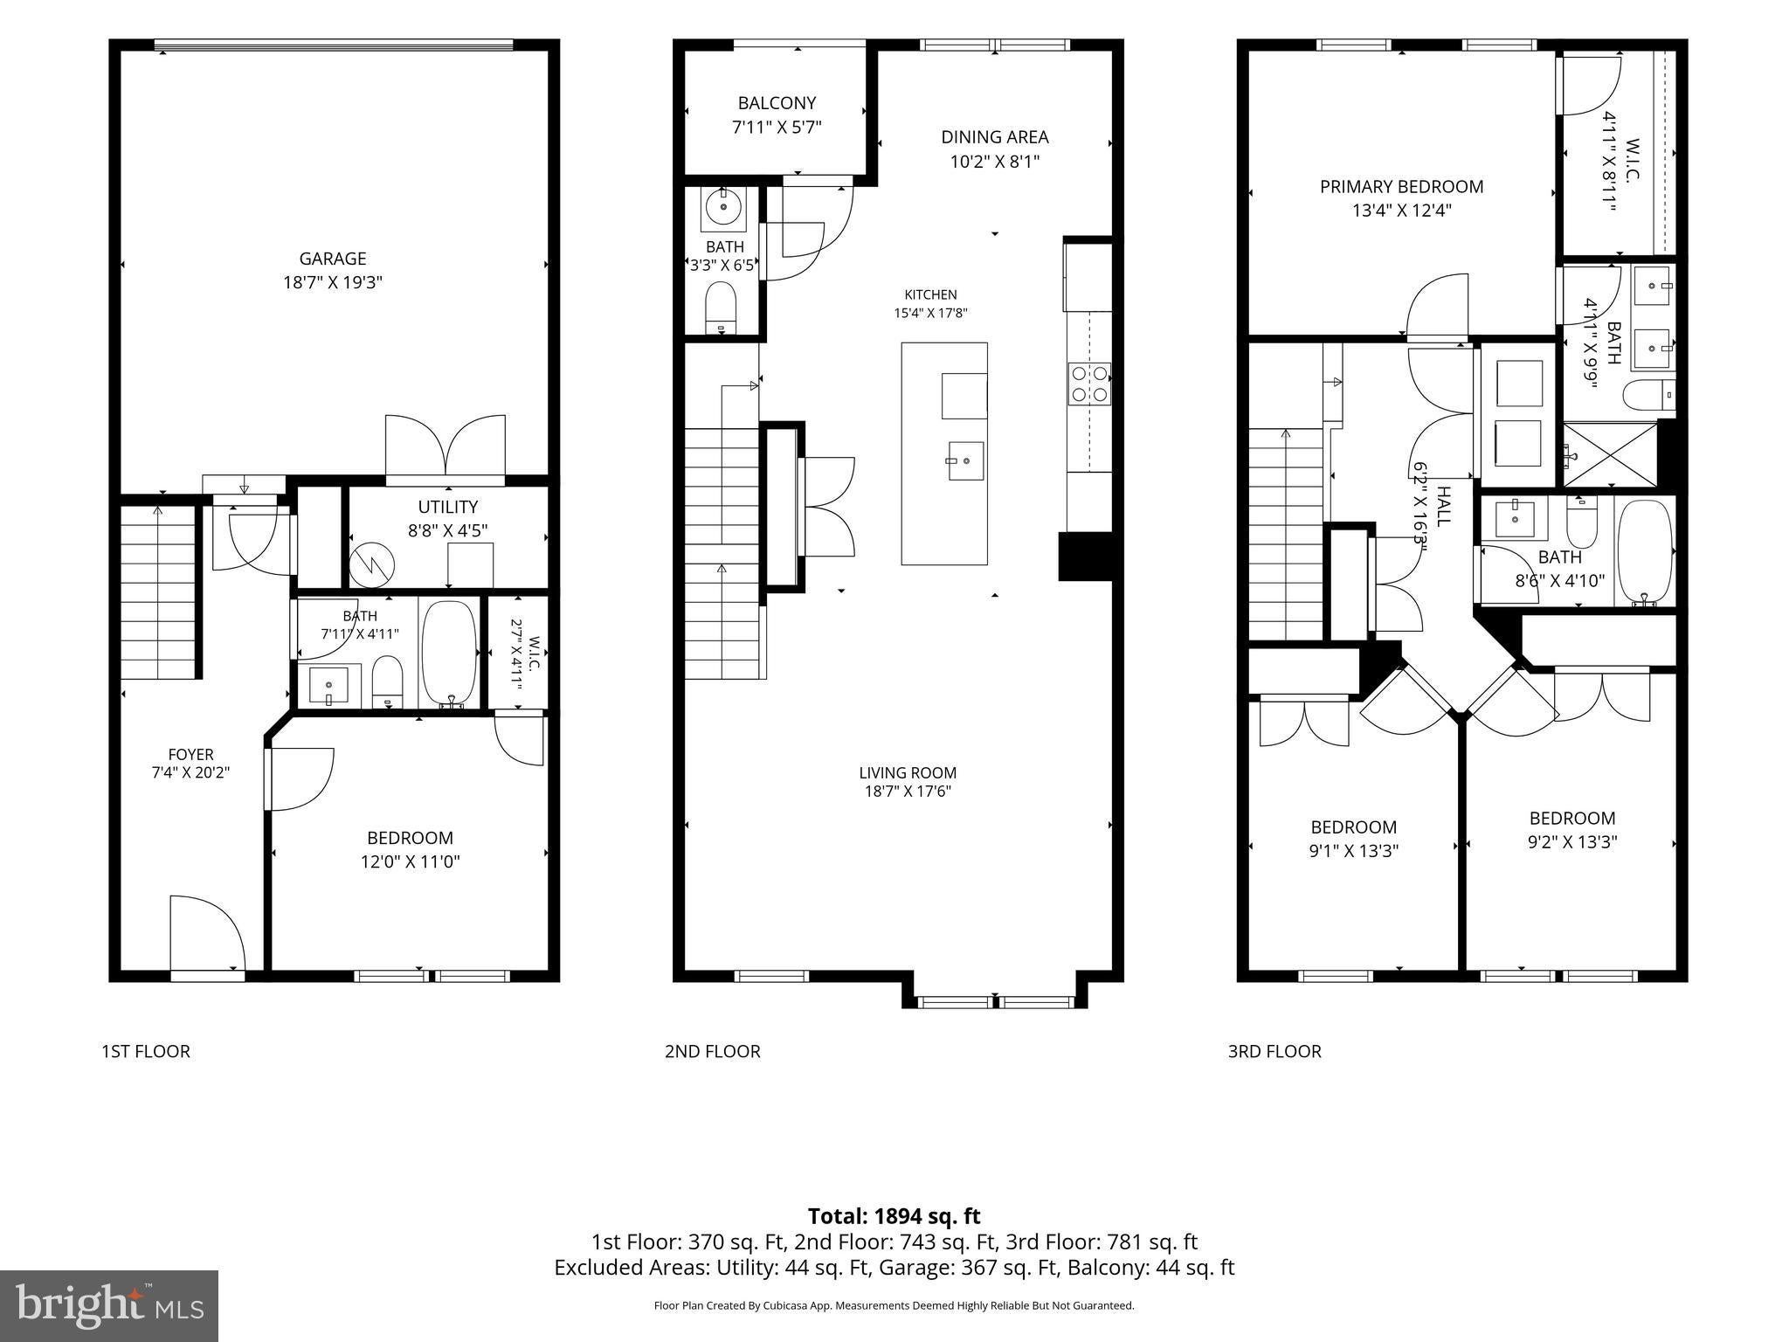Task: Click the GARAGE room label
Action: point(333,259)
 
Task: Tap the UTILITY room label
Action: point(447,507)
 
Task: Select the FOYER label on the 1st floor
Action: point(190,754)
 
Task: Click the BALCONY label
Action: point(777,103)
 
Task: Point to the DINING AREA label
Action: point(994,137)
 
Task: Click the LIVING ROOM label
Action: point(908,772)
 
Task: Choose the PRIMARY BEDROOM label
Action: point(1401,186)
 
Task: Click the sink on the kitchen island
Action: point(965,460)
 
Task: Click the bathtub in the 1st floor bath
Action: point(449,653)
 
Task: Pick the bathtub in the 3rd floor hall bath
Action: point(1645,552)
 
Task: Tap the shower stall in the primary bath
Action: point(1609,454)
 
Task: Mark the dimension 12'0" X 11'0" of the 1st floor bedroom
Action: point(410,861)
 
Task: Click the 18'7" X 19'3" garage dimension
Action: point(333,282)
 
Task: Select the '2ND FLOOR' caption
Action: point(712,1051)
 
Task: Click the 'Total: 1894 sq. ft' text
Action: point(894,1216)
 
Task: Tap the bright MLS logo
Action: point(109,1305)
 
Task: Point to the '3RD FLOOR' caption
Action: point(1274,1051)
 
